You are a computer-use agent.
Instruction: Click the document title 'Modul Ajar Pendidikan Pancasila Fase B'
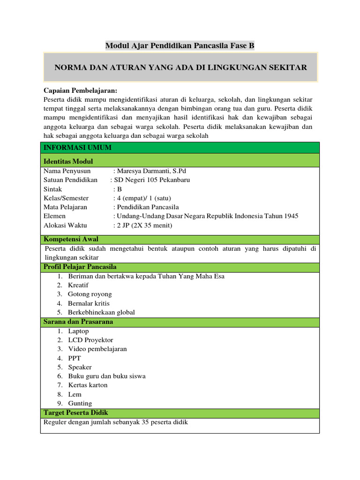(x=180, y=45)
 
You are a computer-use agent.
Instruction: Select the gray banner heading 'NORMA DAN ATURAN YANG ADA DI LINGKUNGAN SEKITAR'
(x=181, y=67)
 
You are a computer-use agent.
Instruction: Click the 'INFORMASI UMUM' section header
(x=71, y=148)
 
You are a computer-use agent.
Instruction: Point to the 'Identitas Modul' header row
(x=68, y=161)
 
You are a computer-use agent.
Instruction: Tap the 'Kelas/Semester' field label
(x=66, y=198)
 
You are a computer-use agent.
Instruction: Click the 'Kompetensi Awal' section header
(x=71, y=239)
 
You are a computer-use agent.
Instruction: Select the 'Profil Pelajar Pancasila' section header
(x=80, y=267)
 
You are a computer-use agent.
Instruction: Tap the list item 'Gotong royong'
(x=90, y=294)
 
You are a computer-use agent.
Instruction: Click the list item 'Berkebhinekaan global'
(x=101, y=312)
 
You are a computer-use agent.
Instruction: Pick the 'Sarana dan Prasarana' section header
(x=78, y=322)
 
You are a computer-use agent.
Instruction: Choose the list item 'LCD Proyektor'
(x=90, y=340)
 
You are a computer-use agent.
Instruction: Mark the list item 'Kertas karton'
(x=88, y=385)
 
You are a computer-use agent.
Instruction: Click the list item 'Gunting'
(x=80, y=403)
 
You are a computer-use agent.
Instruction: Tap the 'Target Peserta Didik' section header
(x=75, y=413)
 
